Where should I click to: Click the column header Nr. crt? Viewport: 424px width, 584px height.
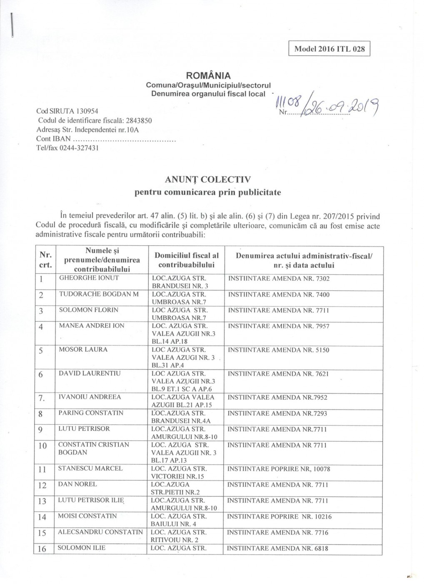click(x=45, y=260)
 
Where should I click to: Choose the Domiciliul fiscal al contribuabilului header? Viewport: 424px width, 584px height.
click(x=186, y=260)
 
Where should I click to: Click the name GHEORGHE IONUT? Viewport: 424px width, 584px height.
click(x=89, y=278)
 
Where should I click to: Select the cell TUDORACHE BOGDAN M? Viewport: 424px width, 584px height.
click(x=99, y=294)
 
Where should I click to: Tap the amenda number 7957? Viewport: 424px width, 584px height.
click(x=322, y=326)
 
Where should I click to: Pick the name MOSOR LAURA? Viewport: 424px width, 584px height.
click(x=83, y=350)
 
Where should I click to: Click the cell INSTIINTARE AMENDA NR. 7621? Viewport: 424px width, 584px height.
click(x=278, y=374)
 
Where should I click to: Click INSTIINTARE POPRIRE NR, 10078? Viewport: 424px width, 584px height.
click(x=279, y=469)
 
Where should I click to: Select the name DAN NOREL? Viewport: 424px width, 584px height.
click(x=77, y=484)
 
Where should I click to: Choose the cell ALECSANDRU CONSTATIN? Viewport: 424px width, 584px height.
click(x=100, y=532)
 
